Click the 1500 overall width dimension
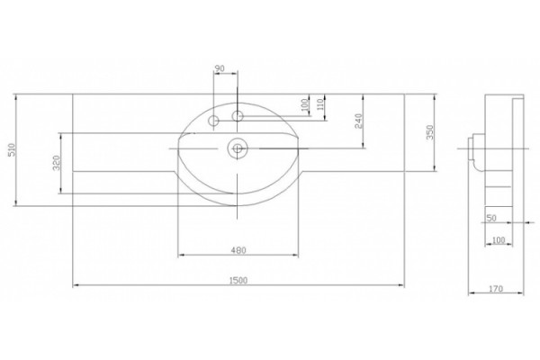tap(238, 281)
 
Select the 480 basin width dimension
tap(238, 250)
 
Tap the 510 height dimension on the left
tap(12, 149)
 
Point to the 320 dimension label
tap(57, 163)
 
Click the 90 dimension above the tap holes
tap(220, 68)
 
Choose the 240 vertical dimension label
tap(358, 121)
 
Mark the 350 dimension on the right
tap(430, 132)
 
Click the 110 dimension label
tap(320, 104)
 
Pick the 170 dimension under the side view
tap(496, 289)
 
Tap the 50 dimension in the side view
tap(491, 218)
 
